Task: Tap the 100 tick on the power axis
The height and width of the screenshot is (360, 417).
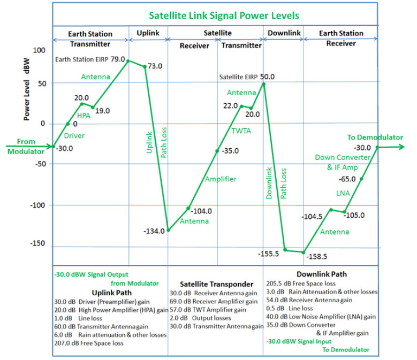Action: pyautogui.click(x=39, y=50)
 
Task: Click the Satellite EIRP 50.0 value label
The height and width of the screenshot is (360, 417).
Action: pyautogui.click(x=247, y=77)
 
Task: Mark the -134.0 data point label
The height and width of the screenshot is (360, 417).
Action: pyautogui.click(x=154, y=231)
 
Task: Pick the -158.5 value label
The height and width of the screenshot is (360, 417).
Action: pyautogui.click(x=319, y=256)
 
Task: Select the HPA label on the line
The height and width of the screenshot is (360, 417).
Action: pyautogui.click(x=84, y=116)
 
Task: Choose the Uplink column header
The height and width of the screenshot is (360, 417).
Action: pyautogui.click(x=148, y=33)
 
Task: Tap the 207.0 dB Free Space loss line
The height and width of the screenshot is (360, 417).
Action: pyautogui.click(x=89, y=343)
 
